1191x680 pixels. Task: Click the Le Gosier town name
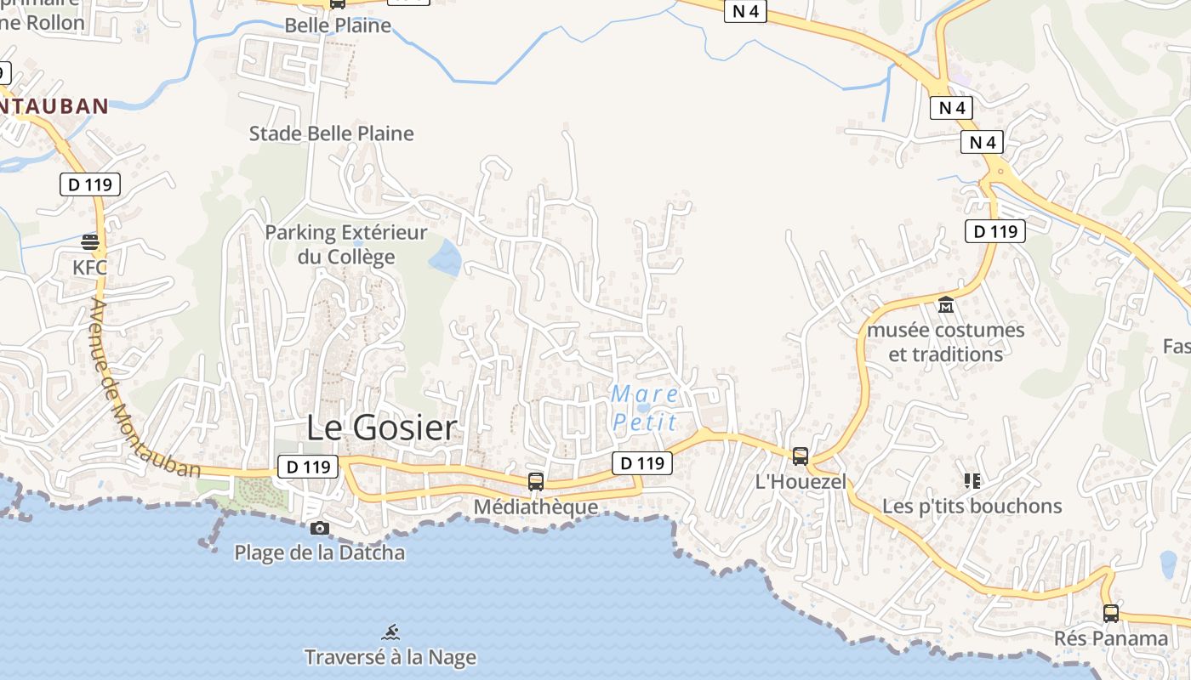[x=381, y=428]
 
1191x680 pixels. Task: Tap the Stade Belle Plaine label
[x=331, y=133]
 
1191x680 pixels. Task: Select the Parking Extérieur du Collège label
[x=345, y=245]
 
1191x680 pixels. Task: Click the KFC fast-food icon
[x=90, y=242]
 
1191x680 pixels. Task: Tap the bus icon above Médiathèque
[x=536, y=481]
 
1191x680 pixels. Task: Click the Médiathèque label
[x=536, y=507]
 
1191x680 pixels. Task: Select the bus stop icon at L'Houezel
[x=801, y=456]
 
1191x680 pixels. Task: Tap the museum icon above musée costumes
[x=946, y=304]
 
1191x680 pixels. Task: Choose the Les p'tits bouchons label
[x=972, y=506]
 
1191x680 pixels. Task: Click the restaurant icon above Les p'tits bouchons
[x=972, y=481]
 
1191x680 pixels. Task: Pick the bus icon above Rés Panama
[x=1111, y=613]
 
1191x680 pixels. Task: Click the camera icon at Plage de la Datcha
[x=320, y=528]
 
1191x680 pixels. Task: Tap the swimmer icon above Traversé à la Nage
[x=390, y=632]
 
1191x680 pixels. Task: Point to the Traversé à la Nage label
[x=390, y=657]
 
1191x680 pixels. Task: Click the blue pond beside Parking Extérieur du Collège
[x=446, y=257]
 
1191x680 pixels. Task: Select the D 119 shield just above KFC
[x=90, y=184]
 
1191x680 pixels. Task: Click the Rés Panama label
[x=1111, y=638]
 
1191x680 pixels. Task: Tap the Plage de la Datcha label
[x=320, y=552]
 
